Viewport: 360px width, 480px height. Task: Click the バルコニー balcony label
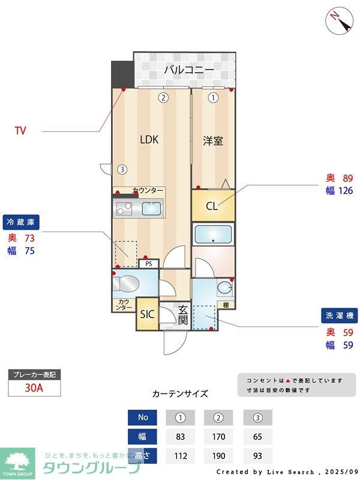[189, 70]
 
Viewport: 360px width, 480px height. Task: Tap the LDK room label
[149, 140]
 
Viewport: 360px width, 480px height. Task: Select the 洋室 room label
[213, 141]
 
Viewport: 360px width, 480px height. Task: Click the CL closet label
[212, 206]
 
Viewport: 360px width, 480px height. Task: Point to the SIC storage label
[147, 314]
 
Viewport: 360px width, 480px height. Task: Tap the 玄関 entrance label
[183, 315]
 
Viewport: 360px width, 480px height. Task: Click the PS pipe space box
[148, 263]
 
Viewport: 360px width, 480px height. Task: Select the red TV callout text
[20, 131]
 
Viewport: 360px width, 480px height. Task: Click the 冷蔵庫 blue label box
[21, 222]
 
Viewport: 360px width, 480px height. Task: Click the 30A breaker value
[34, 388]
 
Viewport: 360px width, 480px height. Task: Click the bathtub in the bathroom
[214, 233]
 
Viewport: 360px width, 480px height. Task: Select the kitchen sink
[151, 209]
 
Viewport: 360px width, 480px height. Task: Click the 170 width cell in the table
[218, 436]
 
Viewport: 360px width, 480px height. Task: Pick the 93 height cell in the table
[257, 456]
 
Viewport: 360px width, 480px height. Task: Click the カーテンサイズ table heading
[180, 394]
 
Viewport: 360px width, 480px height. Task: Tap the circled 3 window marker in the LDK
[122, 169]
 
